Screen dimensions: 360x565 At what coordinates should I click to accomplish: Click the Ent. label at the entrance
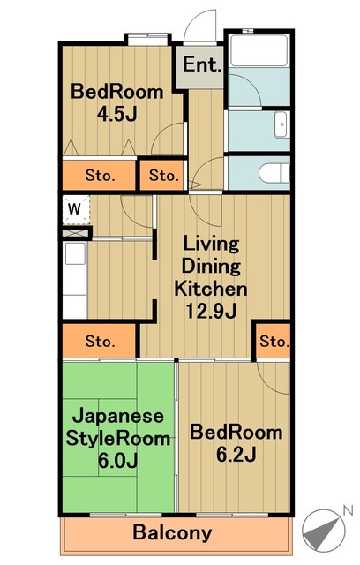point(201,64)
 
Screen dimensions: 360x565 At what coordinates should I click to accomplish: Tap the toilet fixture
point(274,173)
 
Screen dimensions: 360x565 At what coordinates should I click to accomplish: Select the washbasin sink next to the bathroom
point(281,124)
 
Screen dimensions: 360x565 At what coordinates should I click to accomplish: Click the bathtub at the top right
point(259,49)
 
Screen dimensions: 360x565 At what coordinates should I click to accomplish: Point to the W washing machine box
point(76,210)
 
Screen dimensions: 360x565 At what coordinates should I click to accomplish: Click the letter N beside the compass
point(348,510)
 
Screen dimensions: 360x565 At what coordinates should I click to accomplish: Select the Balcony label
point(172,532)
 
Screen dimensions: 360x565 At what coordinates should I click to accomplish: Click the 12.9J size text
point(211,311)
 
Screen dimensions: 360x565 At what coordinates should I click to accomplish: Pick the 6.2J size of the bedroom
point(236,454)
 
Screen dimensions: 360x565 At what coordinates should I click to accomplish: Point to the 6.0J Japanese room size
point(117,460)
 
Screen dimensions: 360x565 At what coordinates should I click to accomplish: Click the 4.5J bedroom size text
point(117,114)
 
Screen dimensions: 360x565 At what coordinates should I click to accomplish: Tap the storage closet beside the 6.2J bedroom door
point(274,341)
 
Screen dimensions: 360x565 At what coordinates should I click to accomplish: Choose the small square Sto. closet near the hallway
point(163,175)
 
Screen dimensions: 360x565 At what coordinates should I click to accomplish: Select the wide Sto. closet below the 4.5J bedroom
point(99,175)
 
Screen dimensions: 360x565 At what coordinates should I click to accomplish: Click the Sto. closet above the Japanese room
point(99,341)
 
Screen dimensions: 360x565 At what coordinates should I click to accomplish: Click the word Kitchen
point(211,289)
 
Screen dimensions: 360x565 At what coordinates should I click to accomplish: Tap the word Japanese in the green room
point(118,416)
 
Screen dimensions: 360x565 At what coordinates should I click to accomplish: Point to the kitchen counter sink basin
point(75,253)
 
